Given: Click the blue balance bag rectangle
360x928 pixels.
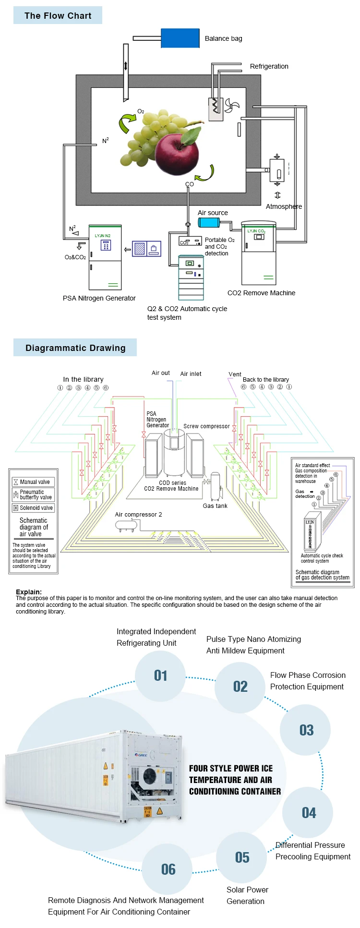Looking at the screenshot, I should click(x=180, y=38).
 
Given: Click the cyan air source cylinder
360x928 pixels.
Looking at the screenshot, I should click(x=209, y=222).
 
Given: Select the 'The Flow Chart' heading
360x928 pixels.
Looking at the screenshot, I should click(x=58, y=16).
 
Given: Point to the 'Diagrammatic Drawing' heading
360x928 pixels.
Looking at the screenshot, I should click(x=75, y=348).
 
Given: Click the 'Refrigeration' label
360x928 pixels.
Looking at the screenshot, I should click(x=269, y=66).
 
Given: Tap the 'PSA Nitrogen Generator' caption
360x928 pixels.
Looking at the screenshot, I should click(x=99, y=298).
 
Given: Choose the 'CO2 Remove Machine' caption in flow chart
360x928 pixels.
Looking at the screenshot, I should click(x=261, y=293).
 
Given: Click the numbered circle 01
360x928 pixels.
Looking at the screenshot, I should click(x=160, y=676).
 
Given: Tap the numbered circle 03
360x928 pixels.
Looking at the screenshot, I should click(x=306, y=730).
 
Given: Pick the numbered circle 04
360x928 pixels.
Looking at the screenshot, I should click(x=309, y=813).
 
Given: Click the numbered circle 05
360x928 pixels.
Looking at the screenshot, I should click(x=242, y=857).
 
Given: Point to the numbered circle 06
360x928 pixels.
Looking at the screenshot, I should click(x=168, y=869).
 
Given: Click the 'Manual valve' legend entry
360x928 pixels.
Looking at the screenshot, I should click(x=34, y=482).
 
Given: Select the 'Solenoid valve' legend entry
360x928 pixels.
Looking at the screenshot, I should click(x=34, y=508).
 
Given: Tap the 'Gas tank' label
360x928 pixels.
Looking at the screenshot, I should click(x=215, y=506).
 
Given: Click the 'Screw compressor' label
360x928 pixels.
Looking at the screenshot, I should click(x=206, y=426).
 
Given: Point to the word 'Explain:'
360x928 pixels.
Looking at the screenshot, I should click(x=29, y=592).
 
